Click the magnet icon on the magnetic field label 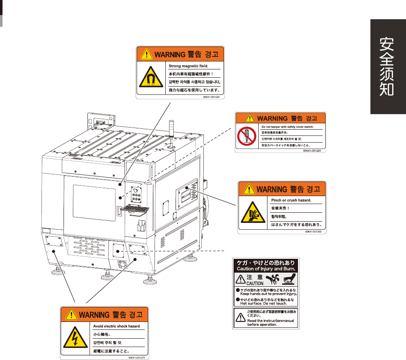[152, 79]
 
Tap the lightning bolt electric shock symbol [75, 340]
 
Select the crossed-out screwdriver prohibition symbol [246, 136]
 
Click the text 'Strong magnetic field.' [188, 66]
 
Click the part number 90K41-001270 [136, 357]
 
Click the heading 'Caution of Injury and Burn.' [266, 269]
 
